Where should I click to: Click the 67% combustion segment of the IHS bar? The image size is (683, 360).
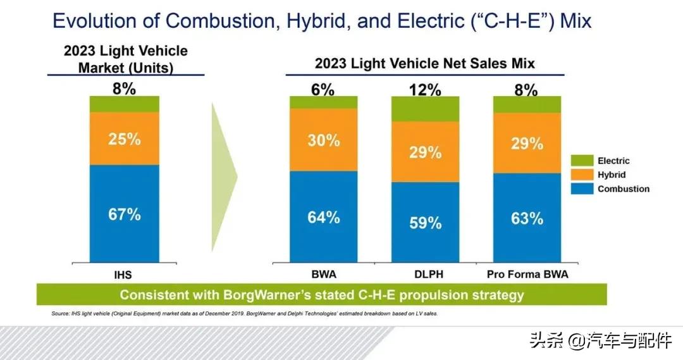click(124, 214)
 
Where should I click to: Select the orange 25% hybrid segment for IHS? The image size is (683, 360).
click(124, 139)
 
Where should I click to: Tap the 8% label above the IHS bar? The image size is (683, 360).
click(124, 89)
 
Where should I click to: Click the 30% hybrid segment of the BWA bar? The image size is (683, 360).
click(324, 140)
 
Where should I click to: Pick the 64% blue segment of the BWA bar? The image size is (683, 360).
click(324, 217)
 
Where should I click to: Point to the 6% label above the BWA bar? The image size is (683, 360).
click(323, 90)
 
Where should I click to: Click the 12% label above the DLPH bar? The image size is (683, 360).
click(425, 90)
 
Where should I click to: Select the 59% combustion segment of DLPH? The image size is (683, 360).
click(425, 223)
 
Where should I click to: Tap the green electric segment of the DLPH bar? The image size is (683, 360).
click(425, 109)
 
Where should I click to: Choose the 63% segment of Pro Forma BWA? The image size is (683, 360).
click(527, 218)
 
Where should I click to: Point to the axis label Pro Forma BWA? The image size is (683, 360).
click(527, 275)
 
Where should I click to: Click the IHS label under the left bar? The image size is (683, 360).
click(123, 275)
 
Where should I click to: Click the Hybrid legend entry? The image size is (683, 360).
click(611, 175)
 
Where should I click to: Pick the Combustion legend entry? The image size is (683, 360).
click(623, 189)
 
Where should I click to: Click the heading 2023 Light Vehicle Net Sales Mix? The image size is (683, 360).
click(424, 64)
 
